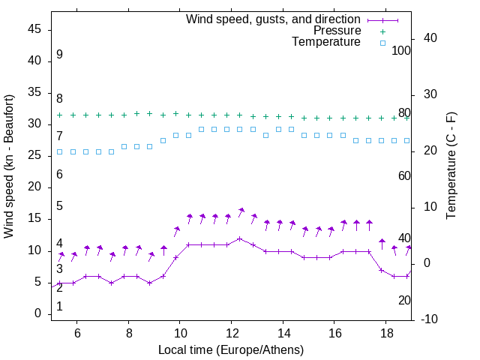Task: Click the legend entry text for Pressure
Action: click(x=337, y=31)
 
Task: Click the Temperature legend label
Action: click(x=326, y=43)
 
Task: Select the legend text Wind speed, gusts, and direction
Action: click(x=274, y=19)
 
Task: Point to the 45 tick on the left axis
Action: click(x=34, y=29)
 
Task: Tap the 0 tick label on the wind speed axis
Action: click(x=38, y=314)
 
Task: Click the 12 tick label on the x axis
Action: click(x=231, y=332)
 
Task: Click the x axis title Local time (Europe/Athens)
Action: click(x=231, y=349)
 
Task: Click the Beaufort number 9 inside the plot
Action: click(x=59, y=55)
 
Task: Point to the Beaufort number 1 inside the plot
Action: click(x=59, y=307)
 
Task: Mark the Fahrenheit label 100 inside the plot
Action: click(x=401, y=50)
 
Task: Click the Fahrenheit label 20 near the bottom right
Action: click(x=404, y=300)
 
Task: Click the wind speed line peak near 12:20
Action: click(x=240, y=238)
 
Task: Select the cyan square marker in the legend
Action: click(x=382, y=43)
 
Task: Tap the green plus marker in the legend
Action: click(x=382, y=31)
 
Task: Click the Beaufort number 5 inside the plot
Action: click(x=59, y=206)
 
